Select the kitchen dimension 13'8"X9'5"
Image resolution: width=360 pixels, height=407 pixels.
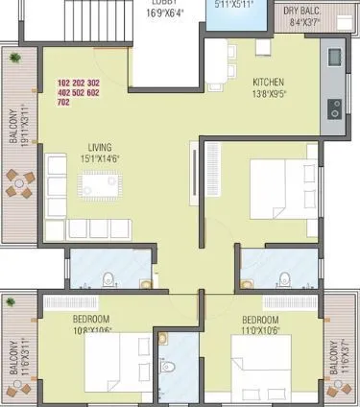(270, 94)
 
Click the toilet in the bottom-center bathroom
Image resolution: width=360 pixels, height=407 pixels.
(169, 365)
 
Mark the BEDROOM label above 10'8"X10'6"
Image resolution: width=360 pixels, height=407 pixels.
(92, 319)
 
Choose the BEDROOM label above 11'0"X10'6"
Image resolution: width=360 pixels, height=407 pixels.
(260, 319)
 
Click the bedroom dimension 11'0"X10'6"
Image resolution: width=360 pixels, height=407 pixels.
(260, 330)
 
